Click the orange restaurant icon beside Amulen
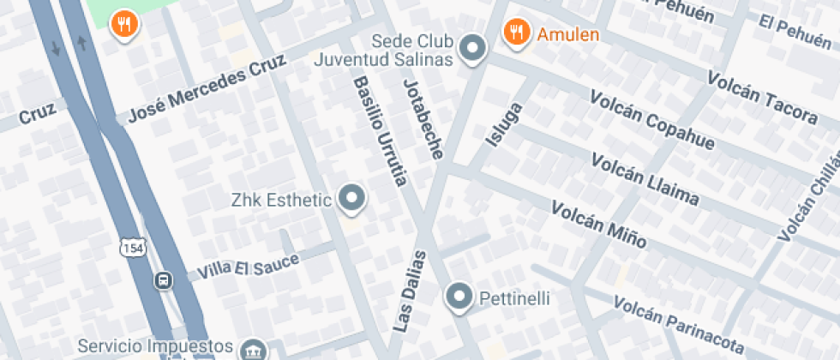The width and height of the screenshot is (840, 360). (x=515, y=33)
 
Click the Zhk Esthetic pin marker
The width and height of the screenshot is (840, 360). (x=351, y=200)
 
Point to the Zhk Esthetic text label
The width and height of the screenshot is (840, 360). (x=281, y=201)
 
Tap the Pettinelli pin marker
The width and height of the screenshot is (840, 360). (x=460, y=297)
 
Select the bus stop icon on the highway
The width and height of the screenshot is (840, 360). (x=162, y=280)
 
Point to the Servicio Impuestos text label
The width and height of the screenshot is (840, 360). (x=155, y=346)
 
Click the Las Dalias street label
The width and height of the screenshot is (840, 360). (x=410, y=291)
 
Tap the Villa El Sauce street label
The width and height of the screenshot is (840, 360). (x=248, y=266)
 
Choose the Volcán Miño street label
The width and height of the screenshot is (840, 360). (x=597, y=225)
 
